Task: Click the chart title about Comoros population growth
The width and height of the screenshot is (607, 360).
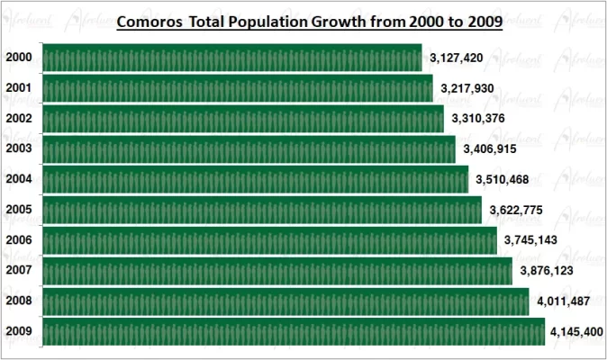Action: (x=310, y=20)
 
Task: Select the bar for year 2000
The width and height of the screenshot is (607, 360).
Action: (x=231, y=58)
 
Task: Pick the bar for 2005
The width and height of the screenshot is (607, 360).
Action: (x=261, y=210)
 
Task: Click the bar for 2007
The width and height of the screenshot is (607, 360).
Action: (x=276, y=270)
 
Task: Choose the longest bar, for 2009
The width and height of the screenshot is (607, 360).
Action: (x=293, y=331)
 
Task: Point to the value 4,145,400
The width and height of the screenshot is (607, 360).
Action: (x=577, y=332)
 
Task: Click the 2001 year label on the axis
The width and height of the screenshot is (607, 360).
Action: (x=19, y=88)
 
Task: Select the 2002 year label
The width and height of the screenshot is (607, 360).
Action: (x=19, y=118)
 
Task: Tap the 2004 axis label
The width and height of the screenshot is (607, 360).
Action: (x=19, y=178)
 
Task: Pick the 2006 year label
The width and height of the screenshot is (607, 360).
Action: (x=19, y=239)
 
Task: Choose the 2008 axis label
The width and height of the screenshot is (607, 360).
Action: (x=19, y=301)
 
